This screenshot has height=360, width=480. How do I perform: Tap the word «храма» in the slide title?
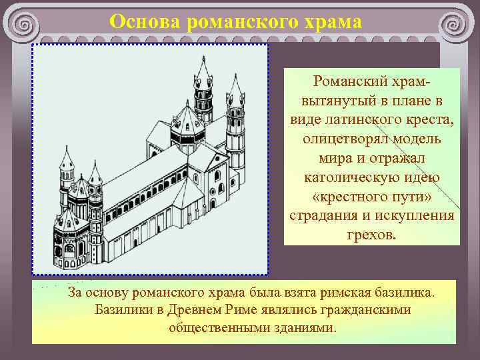tap(331, 22)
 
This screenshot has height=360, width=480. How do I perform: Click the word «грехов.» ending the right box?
tap(371, 235)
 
